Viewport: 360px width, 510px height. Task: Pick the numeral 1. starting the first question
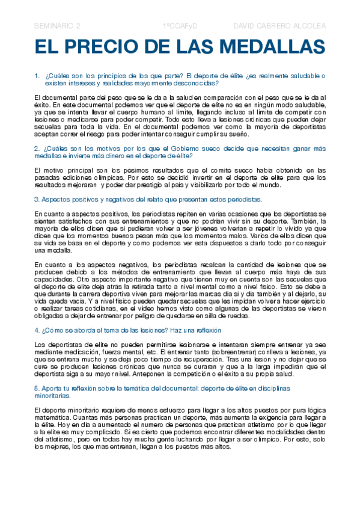point(37,76)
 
